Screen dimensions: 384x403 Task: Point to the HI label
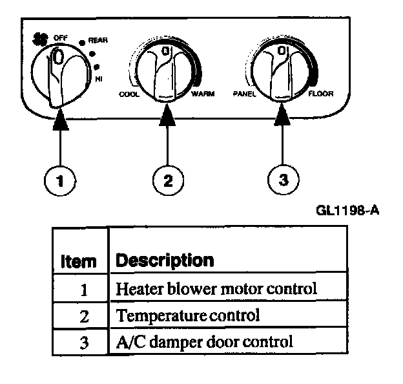click(x=99, y=78)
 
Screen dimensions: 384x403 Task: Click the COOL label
click(x=129, y=94)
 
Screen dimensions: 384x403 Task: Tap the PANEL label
click(x=244, y=94)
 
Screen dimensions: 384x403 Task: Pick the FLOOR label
click(x=320, y=94)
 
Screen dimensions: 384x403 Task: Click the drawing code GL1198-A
click(x=346, y=211)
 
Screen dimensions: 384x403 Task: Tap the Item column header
click(x=78, y=261)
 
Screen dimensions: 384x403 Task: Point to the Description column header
click(x=164, y=261)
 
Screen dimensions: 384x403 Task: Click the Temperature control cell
click(x=187, y=315)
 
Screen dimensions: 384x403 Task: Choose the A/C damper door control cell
click(x=204, y=341)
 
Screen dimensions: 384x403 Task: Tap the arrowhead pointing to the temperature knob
click(x=167, y=117)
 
